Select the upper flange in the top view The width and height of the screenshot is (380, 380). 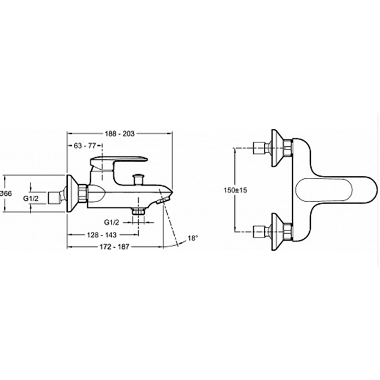click(x=279, y=151)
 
